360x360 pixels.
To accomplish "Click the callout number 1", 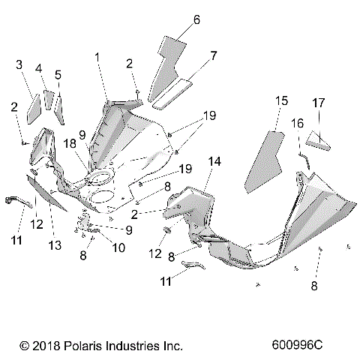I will (x=97, y=56).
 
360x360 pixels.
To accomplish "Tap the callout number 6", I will (x=196, y=19).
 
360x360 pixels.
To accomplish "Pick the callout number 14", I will (x=214, y=161).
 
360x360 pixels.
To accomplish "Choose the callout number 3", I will (x=19, y=65).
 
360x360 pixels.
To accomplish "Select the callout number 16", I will (x=298, y=122).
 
